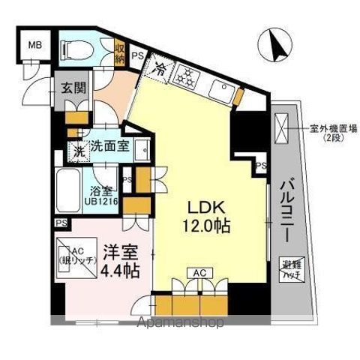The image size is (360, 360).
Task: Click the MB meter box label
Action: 34,45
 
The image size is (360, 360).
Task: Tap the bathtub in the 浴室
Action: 71,192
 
